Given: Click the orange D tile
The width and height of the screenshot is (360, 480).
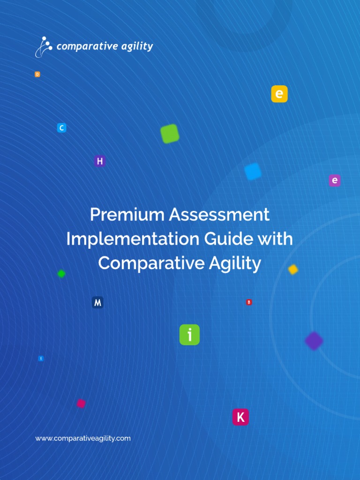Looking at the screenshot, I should tap(37, 74).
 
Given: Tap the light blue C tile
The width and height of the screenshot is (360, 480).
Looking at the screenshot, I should tap(61, 127).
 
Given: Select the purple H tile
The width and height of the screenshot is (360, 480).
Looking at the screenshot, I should tap(99, 161).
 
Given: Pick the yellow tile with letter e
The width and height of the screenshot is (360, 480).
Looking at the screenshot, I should tap(279, 94).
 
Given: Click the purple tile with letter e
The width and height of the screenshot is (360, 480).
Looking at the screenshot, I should tap(335, 180).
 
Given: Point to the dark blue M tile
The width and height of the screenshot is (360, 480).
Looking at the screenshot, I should tap(97, 302).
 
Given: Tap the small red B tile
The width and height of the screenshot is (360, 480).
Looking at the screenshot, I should tap(249, 302).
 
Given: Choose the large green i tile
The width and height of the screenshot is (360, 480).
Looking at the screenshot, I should tap(189, 335).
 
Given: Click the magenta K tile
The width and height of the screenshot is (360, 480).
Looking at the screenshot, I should tap(240, 417).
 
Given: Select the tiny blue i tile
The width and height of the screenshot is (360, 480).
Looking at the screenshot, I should tap(41, 359).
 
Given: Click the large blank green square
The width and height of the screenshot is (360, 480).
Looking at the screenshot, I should tap(170, 134).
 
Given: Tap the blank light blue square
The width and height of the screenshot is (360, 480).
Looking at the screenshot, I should tap(253, 172).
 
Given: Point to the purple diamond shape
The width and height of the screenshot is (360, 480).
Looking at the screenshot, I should tap(314, 341).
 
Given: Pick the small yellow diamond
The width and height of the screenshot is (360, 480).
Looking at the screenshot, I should tap(293, 270).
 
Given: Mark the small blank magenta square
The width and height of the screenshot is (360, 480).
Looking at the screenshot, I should tap(81, 404).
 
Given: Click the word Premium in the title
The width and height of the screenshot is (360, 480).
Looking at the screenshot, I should tap(127, 215).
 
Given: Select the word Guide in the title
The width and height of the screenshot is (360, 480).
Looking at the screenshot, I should tap(227, 239).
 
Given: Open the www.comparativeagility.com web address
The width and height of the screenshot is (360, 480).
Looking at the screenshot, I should tap(83, 438).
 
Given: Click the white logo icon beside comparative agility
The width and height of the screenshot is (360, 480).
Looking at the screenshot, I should tap(44, 46).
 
